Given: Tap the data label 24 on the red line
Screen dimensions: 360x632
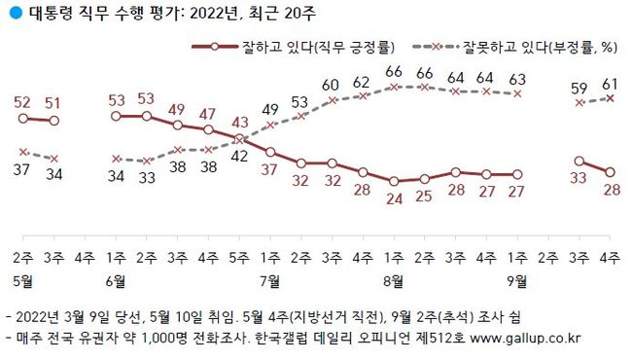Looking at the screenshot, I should click(x=394, y=201).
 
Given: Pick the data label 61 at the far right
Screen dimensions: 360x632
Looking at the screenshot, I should click(x=610, y=85).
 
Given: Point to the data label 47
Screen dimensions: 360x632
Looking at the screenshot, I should click(x=208, y=113).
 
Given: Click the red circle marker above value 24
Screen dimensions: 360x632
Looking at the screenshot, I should click(x=394, y=181).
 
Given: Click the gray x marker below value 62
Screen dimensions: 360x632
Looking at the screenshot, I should click(x=363, y=95).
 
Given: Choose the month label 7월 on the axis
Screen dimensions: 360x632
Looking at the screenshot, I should click(x=269, y=282).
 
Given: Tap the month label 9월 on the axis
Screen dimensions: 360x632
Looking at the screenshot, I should click(x=517, y=282).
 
